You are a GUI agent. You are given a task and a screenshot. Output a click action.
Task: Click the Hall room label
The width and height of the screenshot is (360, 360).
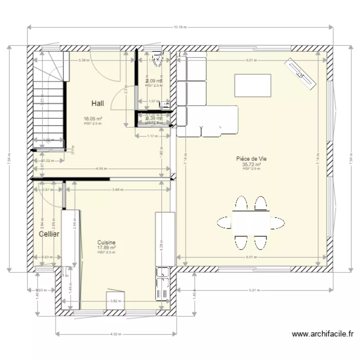(98, 103)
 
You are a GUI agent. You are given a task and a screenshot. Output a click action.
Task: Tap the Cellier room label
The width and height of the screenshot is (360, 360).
(49, 234)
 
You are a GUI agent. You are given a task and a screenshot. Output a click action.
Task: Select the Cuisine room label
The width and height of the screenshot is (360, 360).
(106, 243)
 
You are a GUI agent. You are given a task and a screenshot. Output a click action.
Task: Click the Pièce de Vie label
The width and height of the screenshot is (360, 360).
(251, 159)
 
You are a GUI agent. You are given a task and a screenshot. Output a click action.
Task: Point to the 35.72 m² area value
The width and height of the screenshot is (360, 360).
(251, 164)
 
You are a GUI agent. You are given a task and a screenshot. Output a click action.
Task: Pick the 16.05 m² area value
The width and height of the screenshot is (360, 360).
(93, 119)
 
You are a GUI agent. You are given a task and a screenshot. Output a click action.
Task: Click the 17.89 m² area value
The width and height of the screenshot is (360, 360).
(107, 248)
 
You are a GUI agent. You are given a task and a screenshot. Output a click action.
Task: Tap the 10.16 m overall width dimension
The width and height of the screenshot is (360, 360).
(180, 27)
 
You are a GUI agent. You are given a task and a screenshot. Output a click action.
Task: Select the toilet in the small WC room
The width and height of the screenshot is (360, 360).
(156, 59)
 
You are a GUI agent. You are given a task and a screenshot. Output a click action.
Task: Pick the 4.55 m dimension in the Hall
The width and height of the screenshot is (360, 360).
(101, 169)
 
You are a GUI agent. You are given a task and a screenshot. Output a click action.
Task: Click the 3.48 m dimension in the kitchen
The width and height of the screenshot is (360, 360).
(117, 190)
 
